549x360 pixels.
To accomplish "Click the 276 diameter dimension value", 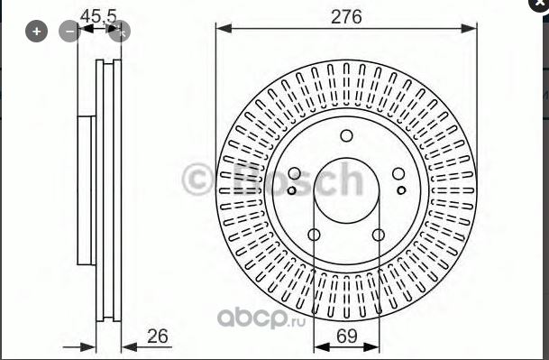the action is click(346, 16).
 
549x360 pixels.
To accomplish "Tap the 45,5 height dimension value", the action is click(98, 15).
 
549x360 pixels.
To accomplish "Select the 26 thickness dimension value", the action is click(158, 337).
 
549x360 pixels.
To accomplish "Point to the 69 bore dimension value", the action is click(347, 336).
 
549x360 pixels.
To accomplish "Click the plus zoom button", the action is click(36, 32).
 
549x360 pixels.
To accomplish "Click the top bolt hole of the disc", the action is click(347, 136).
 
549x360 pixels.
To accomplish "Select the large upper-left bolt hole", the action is click(295, 173).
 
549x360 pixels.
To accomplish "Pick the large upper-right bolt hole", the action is click(398, 173).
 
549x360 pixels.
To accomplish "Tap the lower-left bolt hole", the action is click(314, 235).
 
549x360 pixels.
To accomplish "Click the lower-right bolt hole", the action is click(379, 235).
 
